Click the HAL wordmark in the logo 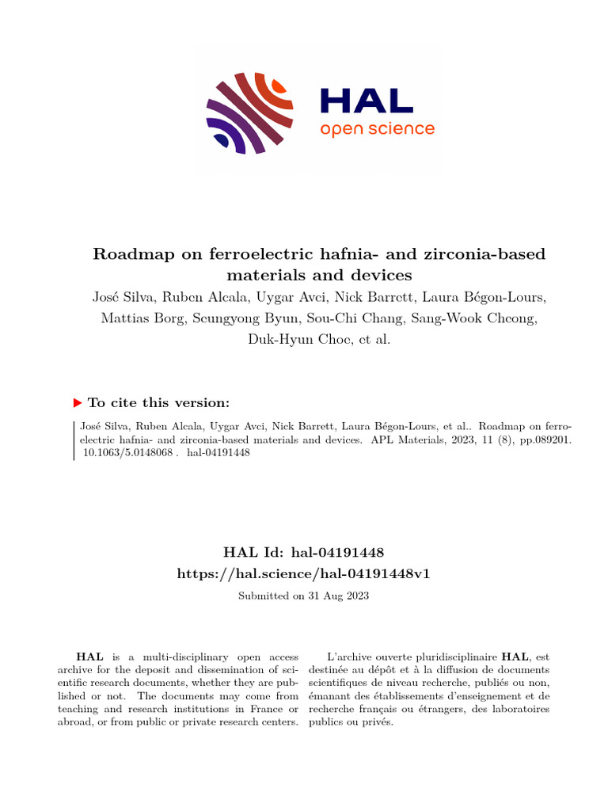[366, 101]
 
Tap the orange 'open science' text [377, 128]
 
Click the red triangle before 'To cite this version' [77, 402]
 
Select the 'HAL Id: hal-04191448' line [304, 551]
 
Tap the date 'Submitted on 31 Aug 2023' [304, 595]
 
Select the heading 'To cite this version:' [159, 402]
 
